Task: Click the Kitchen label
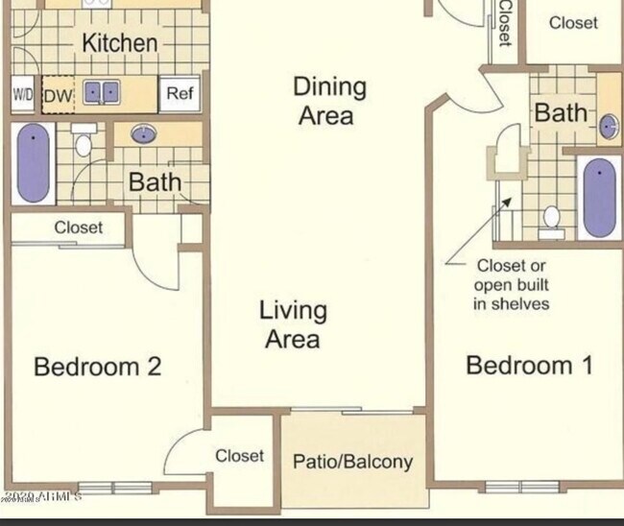(x=119, y=42)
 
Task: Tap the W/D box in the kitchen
(x=23, y=94)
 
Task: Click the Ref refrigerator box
(x=180, y=93)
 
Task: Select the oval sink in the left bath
(x=145, y=134)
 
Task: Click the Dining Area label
(x=329, y=101)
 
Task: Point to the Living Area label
(x=294, y=324)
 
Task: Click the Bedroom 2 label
(x=97, y=367)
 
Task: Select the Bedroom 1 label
(x=529, y=365)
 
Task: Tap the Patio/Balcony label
(x=352, y=462)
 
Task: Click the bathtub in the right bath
(x=600, y=196)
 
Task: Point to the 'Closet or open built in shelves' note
(x=512, y=284)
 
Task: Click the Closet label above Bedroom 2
(x=79, y=228)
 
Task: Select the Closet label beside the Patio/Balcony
(x=240, y=456)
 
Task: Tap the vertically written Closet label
(x=504, y=23)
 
